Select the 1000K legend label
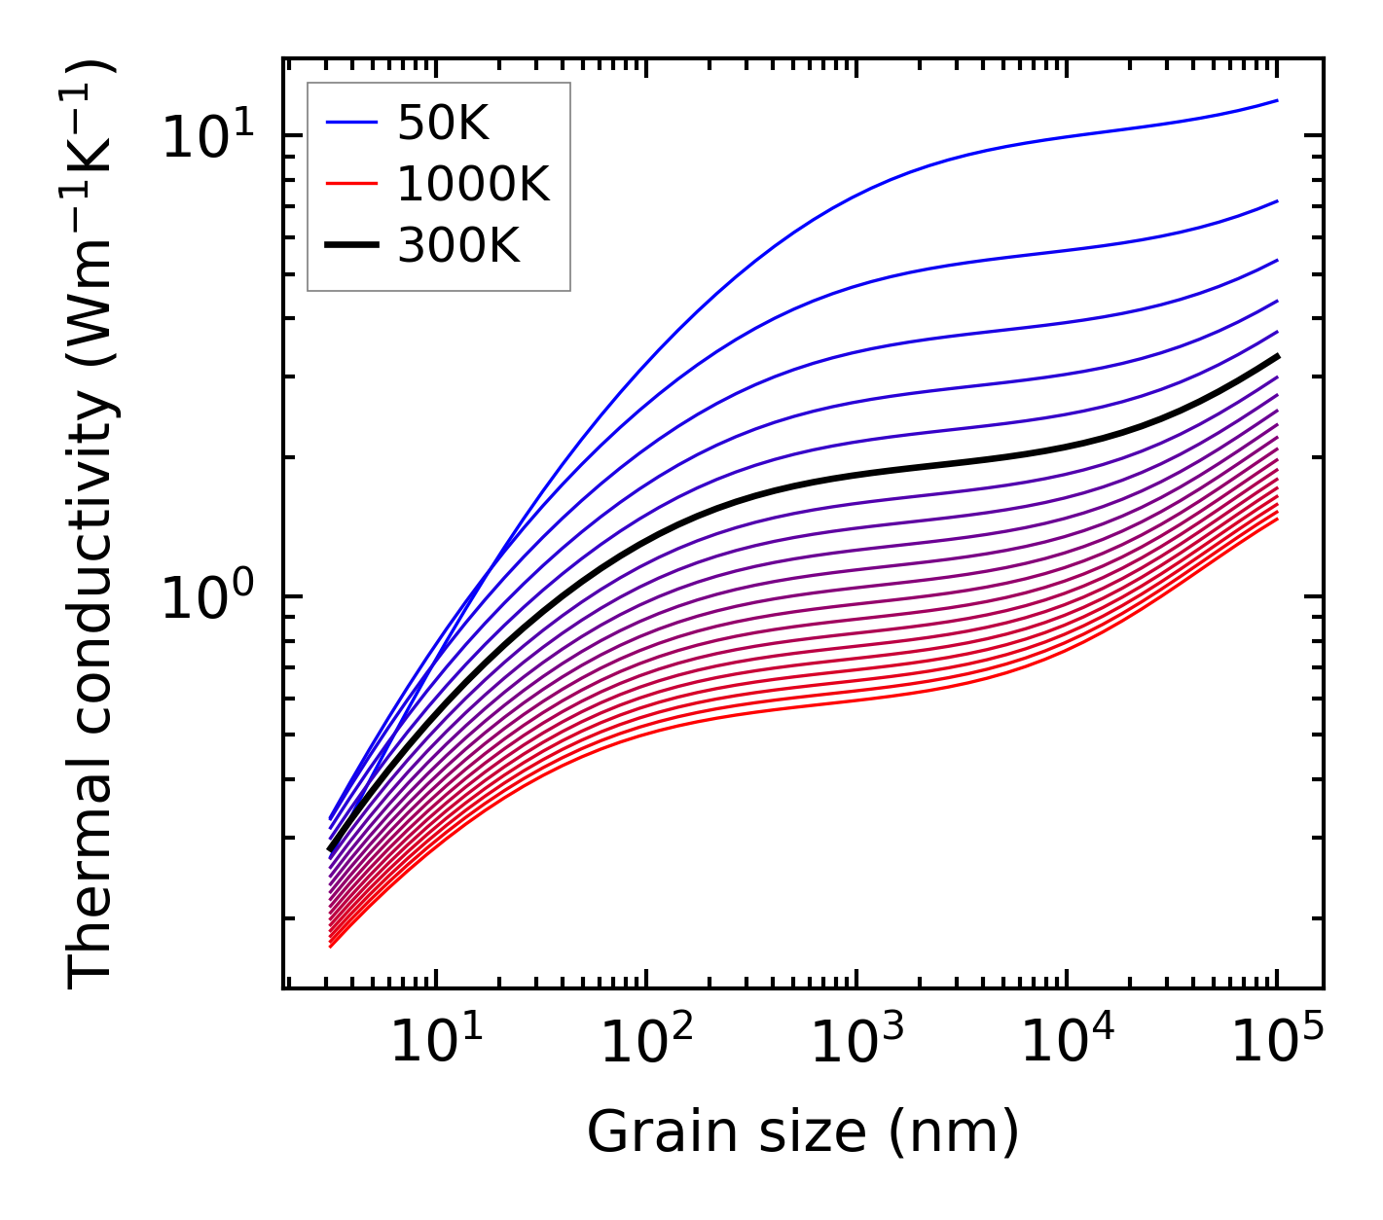pos(473,184)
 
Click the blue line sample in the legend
pos(350,123)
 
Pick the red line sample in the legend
pos(350,184)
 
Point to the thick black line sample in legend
pos(350,245)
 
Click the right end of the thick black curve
pos(1276,356)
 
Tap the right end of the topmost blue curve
pos(1276,100)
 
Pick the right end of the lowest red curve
pos(1276,519)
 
